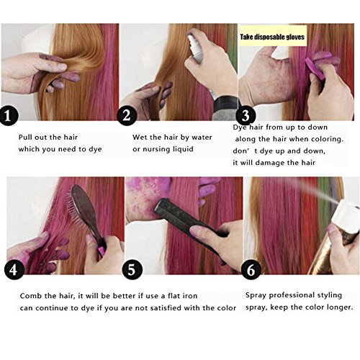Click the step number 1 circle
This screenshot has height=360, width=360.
(9, 116)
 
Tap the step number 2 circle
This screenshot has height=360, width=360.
(127, 116)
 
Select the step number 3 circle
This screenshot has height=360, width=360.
(246, 116)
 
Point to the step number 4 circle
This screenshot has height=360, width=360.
(14, 270)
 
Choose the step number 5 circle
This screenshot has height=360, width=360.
(132, 270)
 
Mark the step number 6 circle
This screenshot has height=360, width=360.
(251, 270)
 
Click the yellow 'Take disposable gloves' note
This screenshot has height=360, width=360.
(272, 37)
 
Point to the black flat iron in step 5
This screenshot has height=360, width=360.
(189, 222)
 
